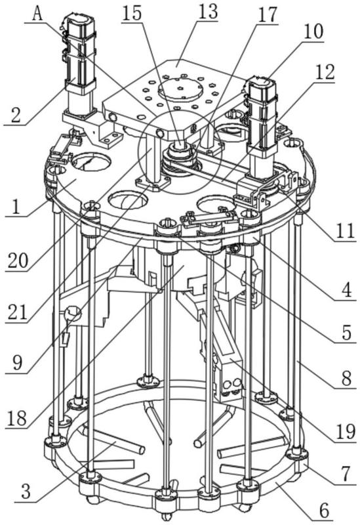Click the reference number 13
[x=208, y=12]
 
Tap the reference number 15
[x=132, y=13]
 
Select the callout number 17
[x=268, y=14]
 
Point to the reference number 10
[x=313, y=32]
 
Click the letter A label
[x=39, y=14]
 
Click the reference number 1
[x=15, y=207]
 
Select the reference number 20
[x=17, y=260]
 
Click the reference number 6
[x=324, y=511]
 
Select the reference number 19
[x=345, y=432]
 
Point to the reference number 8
[x=346, y=378]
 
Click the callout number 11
[x=345, y=231]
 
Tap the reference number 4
[x=346, y=289]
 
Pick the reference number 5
[x=346, y=333]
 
